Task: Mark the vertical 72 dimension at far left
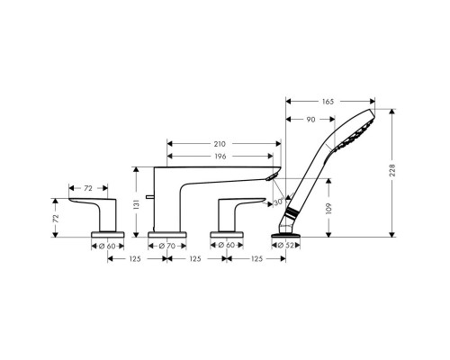pyautogui.click(x=57, y=217)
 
